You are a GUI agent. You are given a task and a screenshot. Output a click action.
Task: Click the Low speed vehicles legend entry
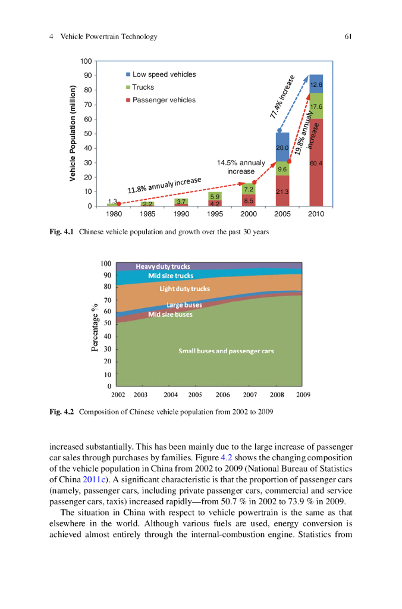coord(164,74)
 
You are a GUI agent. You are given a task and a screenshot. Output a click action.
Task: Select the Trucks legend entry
coord(143,87)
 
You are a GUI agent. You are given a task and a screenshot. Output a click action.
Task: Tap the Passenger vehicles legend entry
coord(164,100)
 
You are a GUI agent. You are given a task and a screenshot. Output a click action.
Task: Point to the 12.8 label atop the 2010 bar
coord(316,85)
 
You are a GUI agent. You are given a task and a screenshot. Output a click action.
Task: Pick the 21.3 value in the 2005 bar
coord(282,192)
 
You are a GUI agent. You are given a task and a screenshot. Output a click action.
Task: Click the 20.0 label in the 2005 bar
coord(282,147)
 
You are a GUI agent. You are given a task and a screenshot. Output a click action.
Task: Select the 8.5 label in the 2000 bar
coord(249,200)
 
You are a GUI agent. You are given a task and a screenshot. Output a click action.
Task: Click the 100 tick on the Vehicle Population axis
coord(86,61)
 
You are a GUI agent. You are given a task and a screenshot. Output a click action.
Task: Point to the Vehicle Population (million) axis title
coord(73,134)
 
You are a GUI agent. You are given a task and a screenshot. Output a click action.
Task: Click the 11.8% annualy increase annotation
coord(164,184)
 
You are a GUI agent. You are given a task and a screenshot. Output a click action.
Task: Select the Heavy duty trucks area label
coord(163,266)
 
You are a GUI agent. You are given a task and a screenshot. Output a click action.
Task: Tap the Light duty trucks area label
coord(184,289)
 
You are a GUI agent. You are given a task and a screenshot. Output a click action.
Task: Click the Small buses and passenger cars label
coord(226,351)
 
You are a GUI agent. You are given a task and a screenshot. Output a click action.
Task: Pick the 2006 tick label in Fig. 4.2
coord(222,394)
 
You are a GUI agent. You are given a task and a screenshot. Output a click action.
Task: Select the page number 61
coord(348,37)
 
